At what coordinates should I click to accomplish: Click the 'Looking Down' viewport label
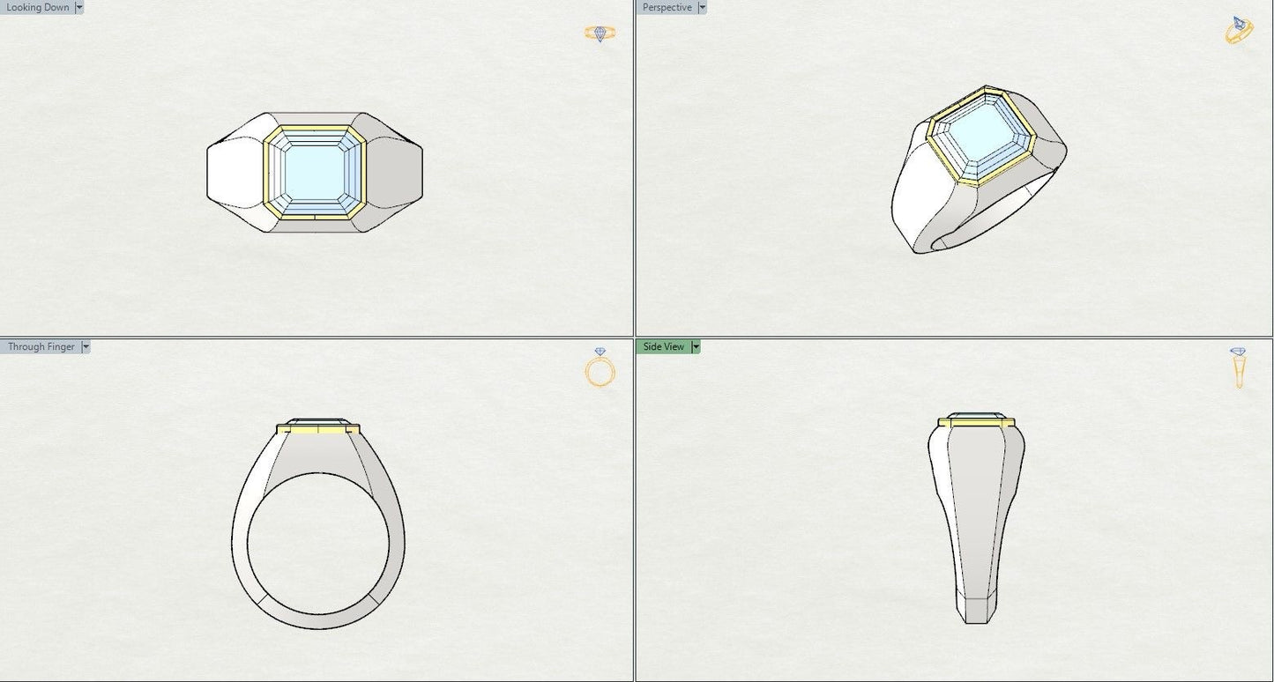pyautogui.click(x=37, y=7)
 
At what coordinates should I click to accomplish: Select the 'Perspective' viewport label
pyautogui.click(x=667, y=7)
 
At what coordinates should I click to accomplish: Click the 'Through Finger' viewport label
pyautogui.click(x=41, y=346)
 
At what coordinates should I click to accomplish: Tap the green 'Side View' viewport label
pyautogui.click(x=663, y=346)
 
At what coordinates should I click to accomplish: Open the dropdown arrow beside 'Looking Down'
pyautogui.click(x=79, y=7)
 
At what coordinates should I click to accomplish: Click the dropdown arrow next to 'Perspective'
pyautogui.click(x=702, y=7)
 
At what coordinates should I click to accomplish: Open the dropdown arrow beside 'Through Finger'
pyautogui.click(x=86, y=346)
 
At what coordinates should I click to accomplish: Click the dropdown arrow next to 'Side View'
pyautogui.click(x=696, y=346)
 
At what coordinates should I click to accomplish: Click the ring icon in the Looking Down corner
pyautogui.click(x=600, y=33)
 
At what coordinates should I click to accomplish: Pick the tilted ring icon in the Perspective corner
pyautogui.click(x=1239, y=30)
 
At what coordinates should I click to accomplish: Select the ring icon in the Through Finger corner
pyautogui.click(x=600, y=368)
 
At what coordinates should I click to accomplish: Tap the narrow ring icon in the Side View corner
pyautogui.click(x=1239, y=368)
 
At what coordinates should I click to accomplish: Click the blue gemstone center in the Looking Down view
pyautogui.click(x=315, y=173)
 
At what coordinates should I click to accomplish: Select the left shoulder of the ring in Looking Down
pyautogui.click(x=236, y=173)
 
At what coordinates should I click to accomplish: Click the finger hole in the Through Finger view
pyautogui.click(x=317, y=543)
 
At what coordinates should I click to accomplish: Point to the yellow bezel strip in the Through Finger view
pyautogui.click(x=317, y=429)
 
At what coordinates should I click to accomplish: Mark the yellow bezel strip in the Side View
pyautogui.click(x=976, y=423)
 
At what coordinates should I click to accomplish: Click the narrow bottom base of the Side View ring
pyautogui.click(x=976, y=610)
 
